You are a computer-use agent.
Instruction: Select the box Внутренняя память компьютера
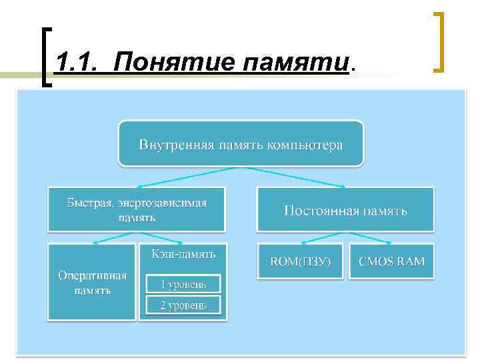(x=241, y=144)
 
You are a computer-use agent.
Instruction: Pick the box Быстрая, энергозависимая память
(x=137, y=209)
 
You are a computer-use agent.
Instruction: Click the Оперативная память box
(x=92, y=282)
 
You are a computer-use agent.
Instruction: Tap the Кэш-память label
(x=183, y=255)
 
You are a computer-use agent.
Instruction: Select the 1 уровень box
(x=183, y=284)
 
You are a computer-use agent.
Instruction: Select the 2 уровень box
(x=183, y=305)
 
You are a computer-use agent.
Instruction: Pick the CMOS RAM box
(x=391, y=261)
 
